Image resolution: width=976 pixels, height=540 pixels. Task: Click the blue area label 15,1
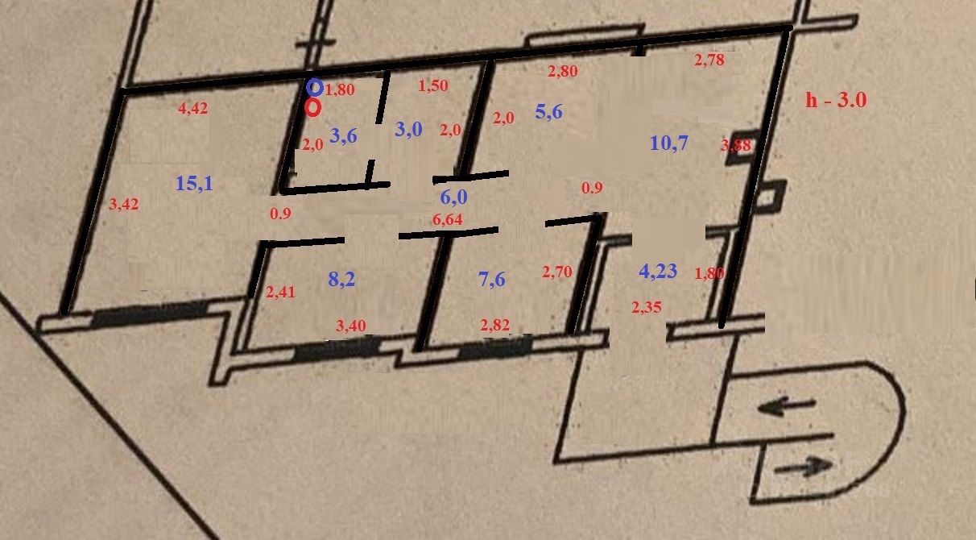click(x=194, y=184)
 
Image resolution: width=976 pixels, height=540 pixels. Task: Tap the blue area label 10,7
click(x=668, y=143)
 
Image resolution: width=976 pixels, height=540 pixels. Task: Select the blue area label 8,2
click(x=342, y=280)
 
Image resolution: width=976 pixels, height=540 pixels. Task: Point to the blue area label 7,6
click(x=491, y=280)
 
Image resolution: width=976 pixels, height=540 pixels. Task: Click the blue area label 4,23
click(x=658, y=272)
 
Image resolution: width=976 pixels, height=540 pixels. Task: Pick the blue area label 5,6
click(x=548, y=112)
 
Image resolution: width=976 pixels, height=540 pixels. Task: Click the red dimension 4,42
click(x=192, y=109)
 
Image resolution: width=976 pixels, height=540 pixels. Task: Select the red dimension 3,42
click(x=124, y=205)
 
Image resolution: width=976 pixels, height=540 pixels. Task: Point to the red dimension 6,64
click(x=448, y=220)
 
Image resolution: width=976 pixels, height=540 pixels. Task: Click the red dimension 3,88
click(x=735, y=146)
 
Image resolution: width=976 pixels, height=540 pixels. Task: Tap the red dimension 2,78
click(x=709, y=59)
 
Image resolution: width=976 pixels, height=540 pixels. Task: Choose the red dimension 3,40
click(x=350, y=326)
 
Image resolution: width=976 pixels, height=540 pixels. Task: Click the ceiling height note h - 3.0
click(x=836, y=100)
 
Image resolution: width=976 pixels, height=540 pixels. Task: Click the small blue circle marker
click(x=315, y=87)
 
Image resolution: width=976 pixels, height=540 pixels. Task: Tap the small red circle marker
click(x=313, y=106)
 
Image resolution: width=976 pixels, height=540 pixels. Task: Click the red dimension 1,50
click(x=433, y=85)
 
